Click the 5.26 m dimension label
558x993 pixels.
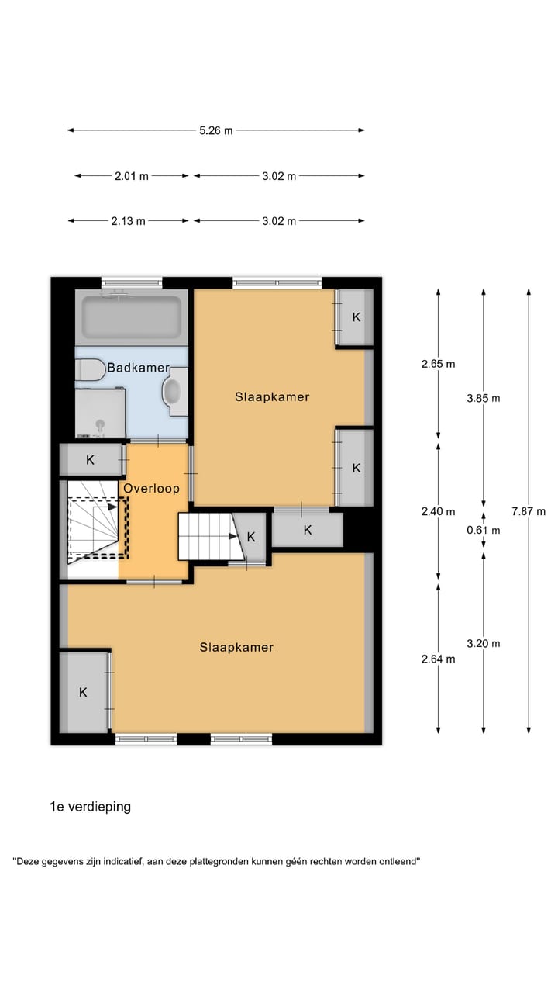215,130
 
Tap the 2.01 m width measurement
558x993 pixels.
131,176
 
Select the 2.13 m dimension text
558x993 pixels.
129,221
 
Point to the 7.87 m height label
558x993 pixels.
529,511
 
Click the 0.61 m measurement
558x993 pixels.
484,531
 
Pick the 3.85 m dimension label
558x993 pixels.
484,398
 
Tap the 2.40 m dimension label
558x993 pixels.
439,511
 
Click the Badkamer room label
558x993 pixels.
138,368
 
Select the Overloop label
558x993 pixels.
152,489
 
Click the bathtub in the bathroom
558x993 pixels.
132,317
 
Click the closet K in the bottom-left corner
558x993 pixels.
84,692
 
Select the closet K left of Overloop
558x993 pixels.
91,460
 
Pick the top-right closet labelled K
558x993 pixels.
356,317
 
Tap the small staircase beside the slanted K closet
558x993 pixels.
205,535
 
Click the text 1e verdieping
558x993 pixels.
91,807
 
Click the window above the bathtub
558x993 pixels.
132,282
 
